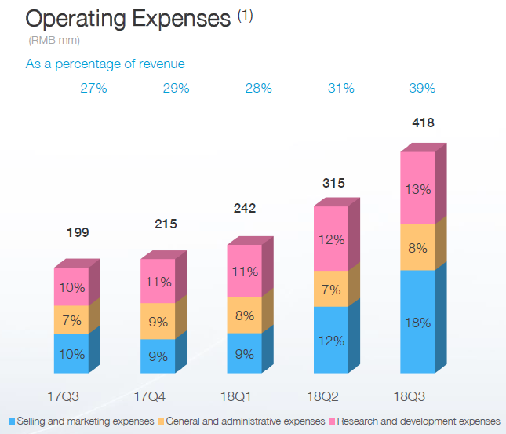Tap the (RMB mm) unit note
[x=53, y=40]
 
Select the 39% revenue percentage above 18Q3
[x=422, y=89]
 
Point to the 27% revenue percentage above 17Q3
[x=93, y=89]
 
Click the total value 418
[x=422, y=122]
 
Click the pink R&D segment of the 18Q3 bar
[x=417, y=188]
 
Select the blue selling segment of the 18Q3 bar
[x=417, y=322]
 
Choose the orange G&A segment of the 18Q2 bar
[x=331, y=289]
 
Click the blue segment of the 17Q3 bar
[x=71, y=353]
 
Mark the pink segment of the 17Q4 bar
[x=158, y=281]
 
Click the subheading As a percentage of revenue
[x=106, y=64]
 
